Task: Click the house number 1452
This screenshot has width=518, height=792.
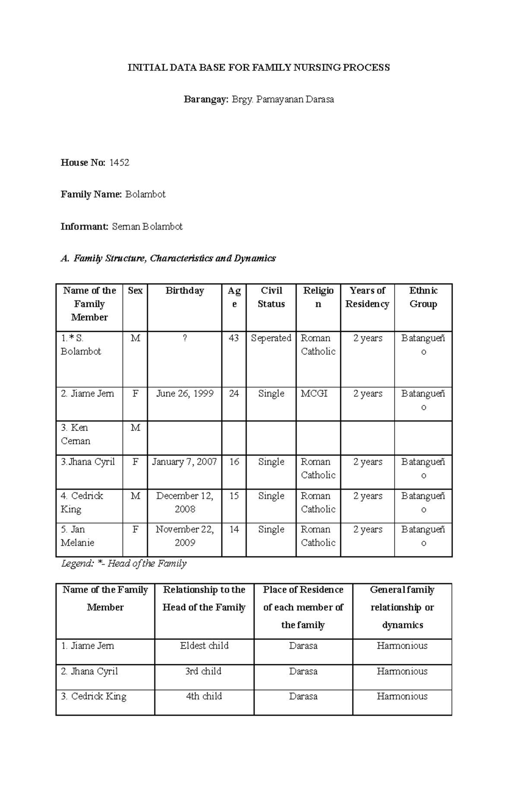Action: coord(120,163)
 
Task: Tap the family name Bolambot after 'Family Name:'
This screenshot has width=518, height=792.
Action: coord(145,195)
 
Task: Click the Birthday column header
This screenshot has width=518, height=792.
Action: coord(184,291)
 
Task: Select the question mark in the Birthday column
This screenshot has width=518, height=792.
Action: coord(185,338)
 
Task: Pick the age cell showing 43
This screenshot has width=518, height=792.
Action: coord(234,338)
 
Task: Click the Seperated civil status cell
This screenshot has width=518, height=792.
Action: coord(271,338)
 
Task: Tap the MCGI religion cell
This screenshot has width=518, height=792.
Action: coord(314,394)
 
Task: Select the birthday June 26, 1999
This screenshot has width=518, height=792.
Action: coord(185,394)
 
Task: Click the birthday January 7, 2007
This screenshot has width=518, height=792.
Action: coord(185,462)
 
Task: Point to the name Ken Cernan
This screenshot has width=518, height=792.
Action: coord(76,434)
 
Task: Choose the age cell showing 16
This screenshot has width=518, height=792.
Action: coord(234,462)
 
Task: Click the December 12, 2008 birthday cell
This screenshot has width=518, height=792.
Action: coord(185,502)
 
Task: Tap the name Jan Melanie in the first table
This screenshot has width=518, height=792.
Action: coord(78,536)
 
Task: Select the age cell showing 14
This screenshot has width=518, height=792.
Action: coord(234,530)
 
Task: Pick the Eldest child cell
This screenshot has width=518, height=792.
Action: coord(204,646)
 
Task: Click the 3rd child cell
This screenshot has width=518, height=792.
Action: coord(204,672)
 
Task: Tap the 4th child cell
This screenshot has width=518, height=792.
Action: coord(204,697)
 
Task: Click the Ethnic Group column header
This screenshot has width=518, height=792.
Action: coord(423,297)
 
